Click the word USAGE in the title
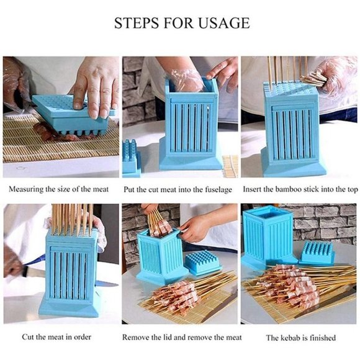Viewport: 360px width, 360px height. (217, 24)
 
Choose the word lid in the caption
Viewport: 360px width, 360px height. (176, 338)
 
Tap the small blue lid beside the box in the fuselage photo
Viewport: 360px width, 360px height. (131, 159)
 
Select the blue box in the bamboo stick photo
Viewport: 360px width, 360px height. (292, 130)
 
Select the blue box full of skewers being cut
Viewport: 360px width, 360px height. (70, 270)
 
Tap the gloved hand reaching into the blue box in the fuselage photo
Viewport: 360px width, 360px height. (187, 78)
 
